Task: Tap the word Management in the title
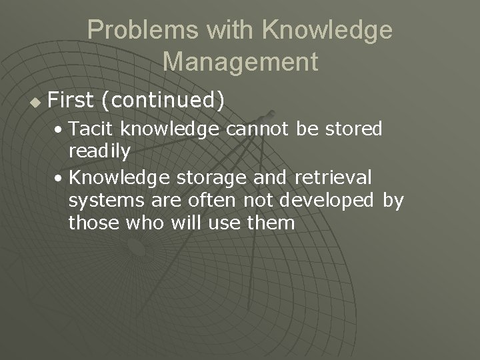(x=240, y=62)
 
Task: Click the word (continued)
(x=161, y=101)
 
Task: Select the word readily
(x=99, y=151)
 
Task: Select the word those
(x=93, y=223)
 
